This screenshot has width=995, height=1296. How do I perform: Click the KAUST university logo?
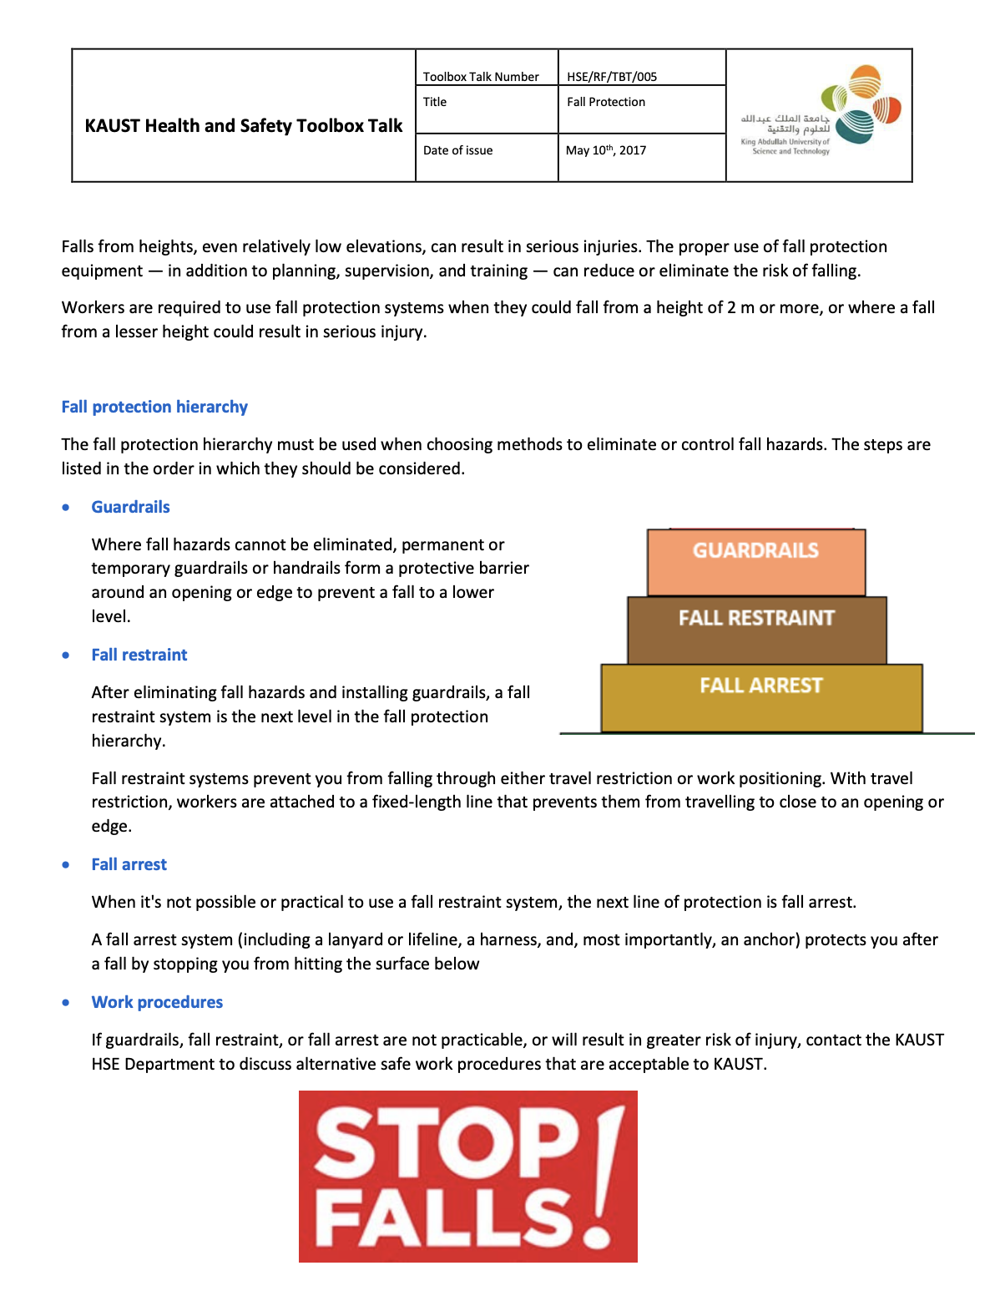coord(820,112)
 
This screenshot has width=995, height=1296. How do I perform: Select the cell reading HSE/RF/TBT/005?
coord(612,77)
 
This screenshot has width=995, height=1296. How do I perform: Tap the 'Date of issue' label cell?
coord(457,150)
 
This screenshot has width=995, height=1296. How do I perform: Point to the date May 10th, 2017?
coord(606,150)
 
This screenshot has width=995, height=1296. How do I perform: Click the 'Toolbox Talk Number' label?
coord(481,77)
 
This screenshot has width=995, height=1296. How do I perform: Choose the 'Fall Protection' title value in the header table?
coord(606,102)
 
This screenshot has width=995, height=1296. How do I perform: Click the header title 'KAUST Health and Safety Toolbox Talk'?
coord(244,126)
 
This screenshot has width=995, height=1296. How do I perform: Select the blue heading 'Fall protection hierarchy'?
coord(154,407)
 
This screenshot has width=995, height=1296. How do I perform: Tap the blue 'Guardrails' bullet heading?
coord(130,507)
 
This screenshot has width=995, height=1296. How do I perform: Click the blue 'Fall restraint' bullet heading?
coord(139,655)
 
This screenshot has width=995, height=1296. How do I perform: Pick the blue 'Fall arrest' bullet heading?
coord(129,864)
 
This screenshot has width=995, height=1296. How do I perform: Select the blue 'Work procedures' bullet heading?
coord(157,1002)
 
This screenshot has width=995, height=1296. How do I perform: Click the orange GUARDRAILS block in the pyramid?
coord(756,562)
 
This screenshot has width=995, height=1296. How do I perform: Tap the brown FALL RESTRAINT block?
coord(757,630)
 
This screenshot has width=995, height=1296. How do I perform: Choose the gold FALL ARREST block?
coord(761,698)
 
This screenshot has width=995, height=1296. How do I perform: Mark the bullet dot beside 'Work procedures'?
coord(66,1002)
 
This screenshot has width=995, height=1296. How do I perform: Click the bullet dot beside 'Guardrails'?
coord(66,507)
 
